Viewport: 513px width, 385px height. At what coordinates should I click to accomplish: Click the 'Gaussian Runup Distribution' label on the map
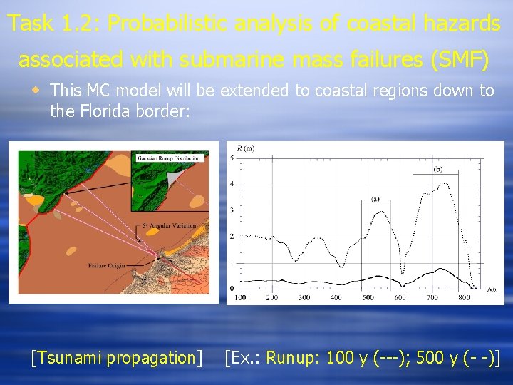[171, 155]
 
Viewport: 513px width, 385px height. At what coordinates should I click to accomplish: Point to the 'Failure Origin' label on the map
[106, 266]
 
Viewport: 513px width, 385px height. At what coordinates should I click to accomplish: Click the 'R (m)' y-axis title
[244, 148]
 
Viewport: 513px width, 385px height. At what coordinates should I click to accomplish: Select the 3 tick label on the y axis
[231, 210]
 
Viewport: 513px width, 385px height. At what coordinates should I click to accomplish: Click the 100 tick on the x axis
[240, 297]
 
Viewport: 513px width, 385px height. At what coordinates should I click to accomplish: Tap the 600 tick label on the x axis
[400, 297]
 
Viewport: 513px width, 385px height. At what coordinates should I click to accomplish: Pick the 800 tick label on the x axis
[464, 297]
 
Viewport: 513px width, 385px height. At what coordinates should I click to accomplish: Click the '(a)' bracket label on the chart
[375, 199]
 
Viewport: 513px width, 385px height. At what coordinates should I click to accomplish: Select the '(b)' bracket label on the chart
[437, 169]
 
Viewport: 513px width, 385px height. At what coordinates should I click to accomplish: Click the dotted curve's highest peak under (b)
[447, 184]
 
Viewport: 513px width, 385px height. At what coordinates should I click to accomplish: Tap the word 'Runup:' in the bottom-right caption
[293, 357]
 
